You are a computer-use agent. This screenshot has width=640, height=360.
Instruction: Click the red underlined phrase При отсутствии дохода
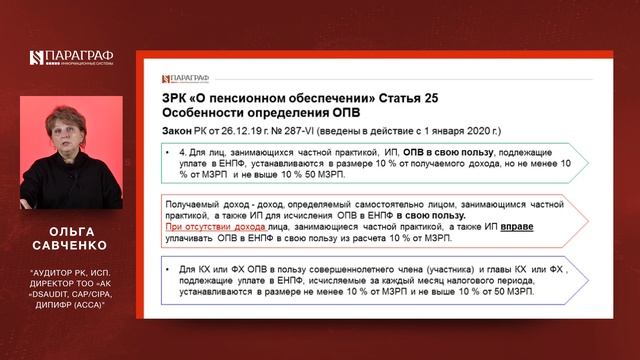click(208, 227)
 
